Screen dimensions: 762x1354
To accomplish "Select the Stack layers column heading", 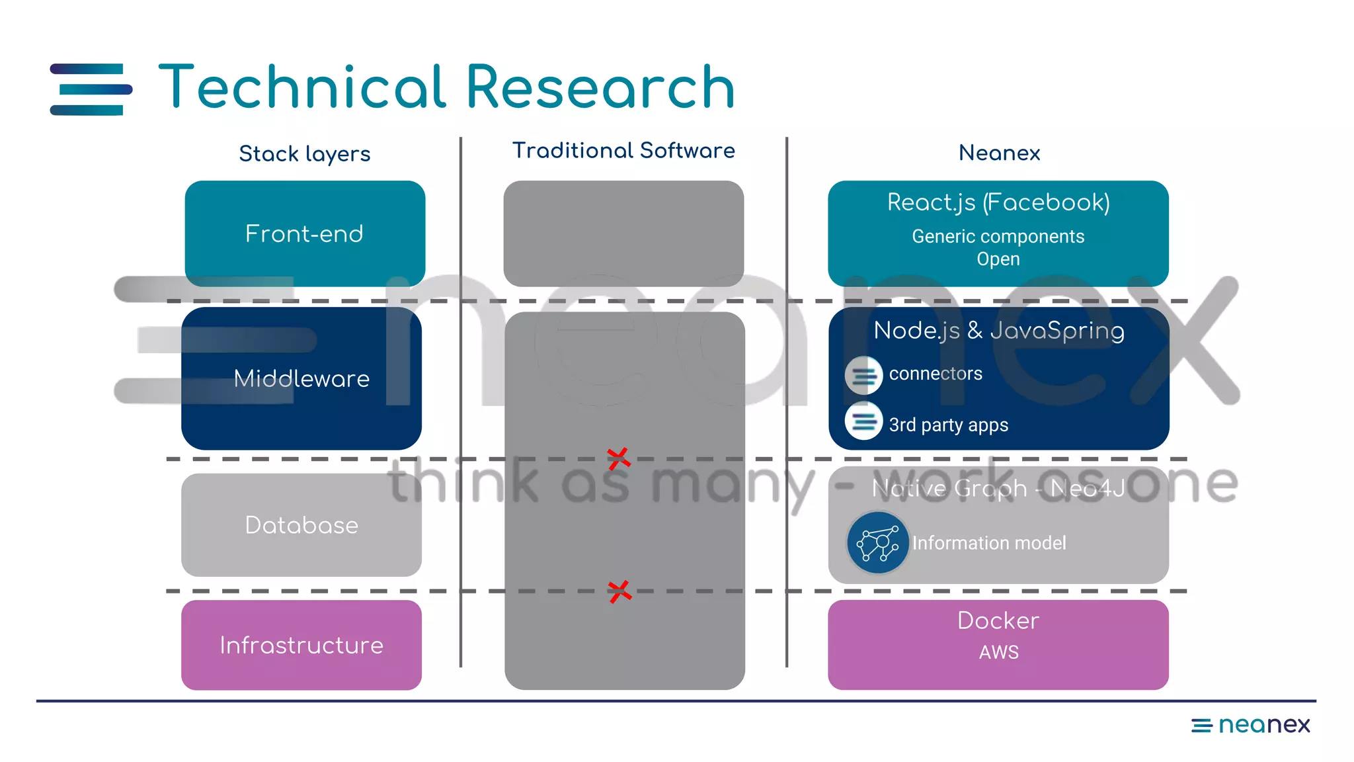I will [304, 154].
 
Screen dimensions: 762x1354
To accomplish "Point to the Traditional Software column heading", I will [623, 151].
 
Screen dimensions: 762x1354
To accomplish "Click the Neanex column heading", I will [999, 153].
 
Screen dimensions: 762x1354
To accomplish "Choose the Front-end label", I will [304, 233].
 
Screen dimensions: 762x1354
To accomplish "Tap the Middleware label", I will [301, 378].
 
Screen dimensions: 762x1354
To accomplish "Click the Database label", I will [301, 525].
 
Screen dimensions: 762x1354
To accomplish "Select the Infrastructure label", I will [301, 645].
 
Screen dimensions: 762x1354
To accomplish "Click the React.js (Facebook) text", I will [998, 202].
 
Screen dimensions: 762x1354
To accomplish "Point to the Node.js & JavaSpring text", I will [998, 330].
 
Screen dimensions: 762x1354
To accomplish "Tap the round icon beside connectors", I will [863, 375].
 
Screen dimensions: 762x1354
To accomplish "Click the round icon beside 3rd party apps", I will [863, 421].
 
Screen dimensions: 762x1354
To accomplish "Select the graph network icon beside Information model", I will [877, 542].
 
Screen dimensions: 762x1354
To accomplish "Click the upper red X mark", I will [619, 458].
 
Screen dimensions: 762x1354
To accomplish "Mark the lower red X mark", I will [619, 591].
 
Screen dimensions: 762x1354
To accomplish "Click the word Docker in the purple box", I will [998, 620].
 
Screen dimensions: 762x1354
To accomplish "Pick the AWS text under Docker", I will [998, 652].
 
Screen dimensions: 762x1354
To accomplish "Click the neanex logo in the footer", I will [1250, 725].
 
